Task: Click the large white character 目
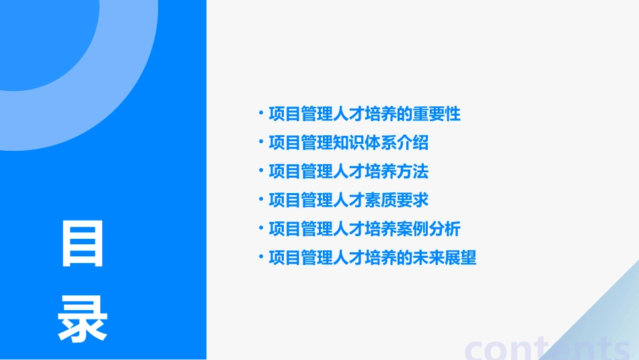tap(83, 244)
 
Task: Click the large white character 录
tap(83, 320)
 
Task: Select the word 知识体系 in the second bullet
tap(364, 143)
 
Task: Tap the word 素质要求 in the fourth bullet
tap(396, 200)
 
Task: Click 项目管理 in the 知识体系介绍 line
tap(300, 143)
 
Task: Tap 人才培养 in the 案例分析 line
tap(364, 229)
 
